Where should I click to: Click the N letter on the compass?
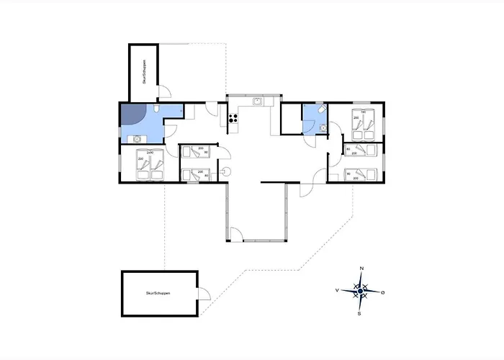361,269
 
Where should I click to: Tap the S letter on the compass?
361,314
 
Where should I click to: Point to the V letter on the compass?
337,291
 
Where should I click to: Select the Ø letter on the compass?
383,292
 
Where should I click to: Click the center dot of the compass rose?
361,291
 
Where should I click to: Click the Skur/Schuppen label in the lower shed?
158,294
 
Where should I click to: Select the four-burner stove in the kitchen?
233,120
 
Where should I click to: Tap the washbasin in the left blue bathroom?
133,139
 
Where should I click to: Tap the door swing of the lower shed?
204,293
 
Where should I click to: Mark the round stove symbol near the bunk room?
225,171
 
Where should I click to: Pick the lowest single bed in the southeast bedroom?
360,174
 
